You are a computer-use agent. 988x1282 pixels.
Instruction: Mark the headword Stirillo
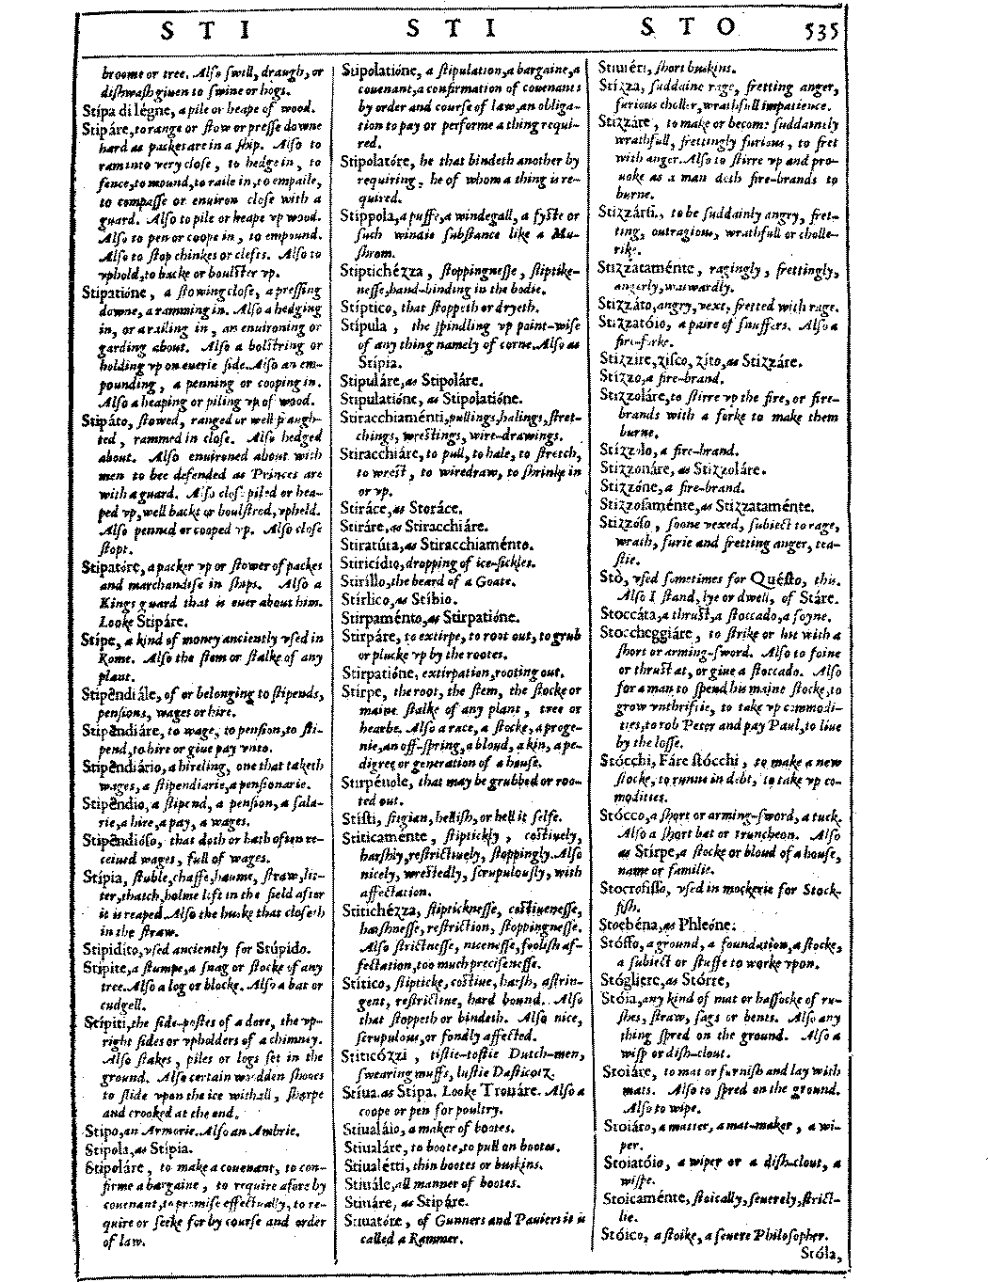[x=363, y=580]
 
